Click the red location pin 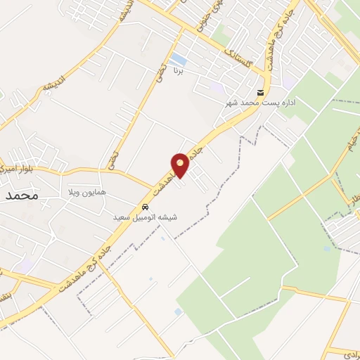(x=180, y=166)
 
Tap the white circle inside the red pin (x=180, y=163)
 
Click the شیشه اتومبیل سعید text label (x=146, y=217)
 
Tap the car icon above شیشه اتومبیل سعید (x=145, y=207)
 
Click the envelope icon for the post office (x=261, y=93)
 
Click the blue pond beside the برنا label (x=179, y=60)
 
